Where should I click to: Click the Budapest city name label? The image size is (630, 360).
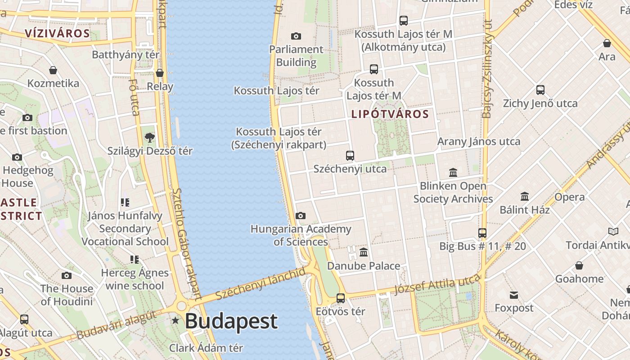tap(231, 321)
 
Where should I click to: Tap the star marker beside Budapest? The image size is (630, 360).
tap(175, 321)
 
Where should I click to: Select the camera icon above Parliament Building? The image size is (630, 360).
tap(296, 36)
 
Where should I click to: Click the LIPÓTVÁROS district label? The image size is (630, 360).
tap(390, 114)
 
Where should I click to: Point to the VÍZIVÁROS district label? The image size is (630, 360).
tap(58, 33)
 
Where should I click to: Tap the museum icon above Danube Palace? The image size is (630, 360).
tap(364, 252)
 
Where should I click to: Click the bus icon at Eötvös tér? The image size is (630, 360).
tap(341, 298)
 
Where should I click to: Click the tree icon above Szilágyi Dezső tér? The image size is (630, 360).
tap(150, 137)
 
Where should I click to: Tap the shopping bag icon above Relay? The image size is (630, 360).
tap(160, 73)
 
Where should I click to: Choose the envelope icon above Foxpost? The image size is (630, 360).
tap(514, 295)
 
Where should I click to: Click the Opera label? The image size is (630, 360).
tap(570, 197)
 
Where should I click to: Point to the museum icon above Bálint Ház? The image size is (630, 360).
tap(525, 197)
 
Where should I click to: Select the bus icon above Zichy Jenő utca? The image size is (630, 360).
tap(540, 90)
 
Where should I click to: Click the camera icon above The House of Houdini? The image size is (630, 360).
tap(67, 275)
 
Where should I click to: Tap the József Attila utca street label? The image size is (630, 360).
tap(437, 284)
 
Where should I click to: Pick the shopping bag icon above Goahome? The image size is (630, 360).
tap(579, 265)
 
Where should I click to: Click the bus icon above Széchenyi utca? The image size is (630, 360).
tap(350, 156)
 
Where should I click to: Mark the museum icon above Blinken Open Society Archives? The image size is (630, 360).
tap(453, 173)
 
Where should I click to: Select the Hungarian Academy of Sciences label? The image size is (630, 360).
tap(301, 235)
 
